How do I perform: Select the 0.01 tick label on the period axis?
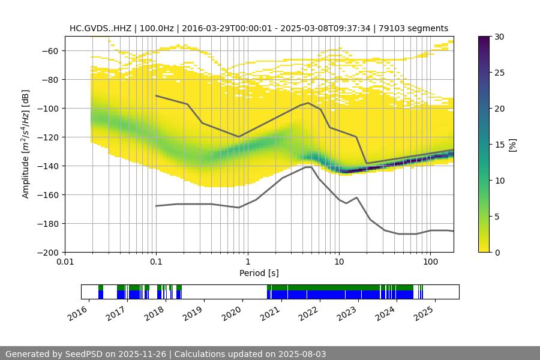click(x=65, y=262)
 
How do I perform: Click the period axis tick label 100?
click(x=430, y=262)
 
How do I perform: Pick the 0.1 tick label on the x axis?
click(x=156, y=262)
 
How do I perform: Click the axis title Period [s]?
click(x=259, y=273)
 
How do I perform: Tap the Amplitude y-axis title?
click(x=25, y=144)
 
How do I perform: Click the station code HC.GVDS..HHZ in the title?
click(x=100, y=28)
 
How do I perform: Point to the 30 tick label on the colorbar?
click(x=499, y=37)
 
